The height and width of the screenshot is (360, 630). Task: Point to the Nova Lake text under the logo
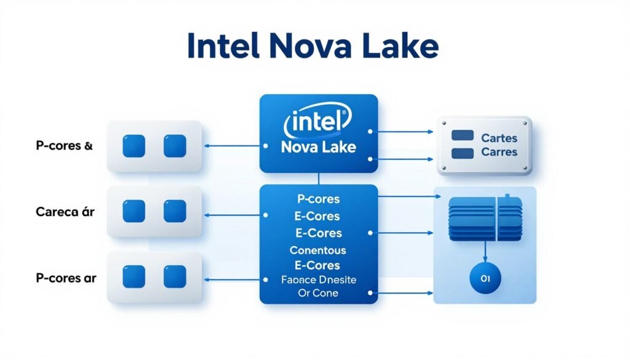[317, 148]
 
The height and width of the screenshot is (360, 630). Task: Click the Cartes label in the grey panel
[499, 138]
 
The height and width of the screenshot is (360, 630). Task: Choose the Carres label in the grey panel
[499, 152]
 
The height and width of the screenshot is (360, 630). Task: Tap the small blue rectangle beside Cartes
[462, 135]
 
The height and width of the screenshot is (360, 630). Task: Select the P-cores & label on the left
[64, 146]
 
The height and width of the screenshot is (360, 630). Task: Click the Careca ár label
[65, 212]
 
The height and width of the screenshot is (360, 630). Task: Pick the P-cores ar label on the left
[65, 278]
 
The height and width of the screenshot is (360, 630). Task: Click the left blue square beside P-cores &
[134, 146]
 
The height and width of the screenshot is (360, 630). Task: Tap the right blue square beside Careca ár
[175, 211]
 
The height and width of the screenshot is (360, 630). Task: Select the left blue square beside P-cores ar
[134, 276]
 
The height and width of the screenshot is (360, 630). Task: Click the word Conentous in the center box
[317, 250]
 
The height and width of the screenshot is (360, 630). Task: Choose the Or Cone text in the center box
[317, 293]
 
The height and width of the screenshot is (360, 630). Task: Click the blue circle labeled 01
[485, 279]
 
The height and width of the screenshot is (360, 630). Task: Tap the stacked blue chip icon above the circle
[484, 219]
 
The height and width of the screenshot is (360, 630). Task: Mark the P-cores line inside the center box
[317, 200]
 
